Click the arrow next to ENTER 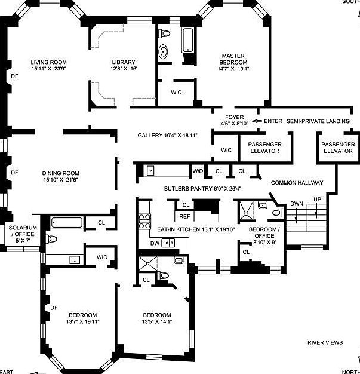257,121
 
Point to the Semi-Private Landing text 318,121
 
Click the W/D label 198,171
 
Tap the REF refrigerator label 184,217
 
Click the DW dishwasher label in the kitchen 155,243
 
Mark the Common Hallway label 297,183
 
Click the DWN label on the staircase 297,203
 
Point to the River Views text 325,342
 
